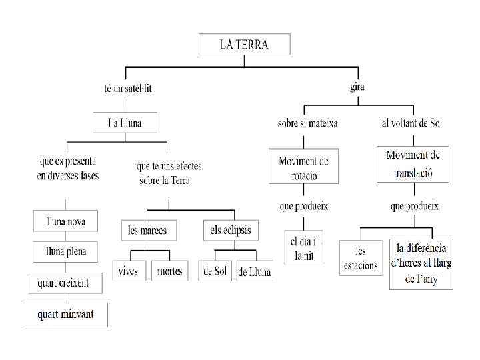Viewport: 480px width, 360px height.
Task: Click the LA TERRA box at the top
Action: [244, 45]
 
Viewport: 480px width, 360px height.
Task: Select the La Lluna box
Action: [125, 123]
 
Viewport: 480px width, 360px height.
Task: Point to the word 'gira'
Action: [357, 87]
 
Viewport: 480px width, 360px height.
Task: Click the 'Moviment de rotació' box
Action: [303, 167]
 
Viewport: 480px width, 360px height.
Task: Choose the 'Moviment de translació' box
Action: [413, 164]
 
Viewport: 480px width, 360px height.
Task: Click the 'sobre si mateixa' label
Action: [307, 123]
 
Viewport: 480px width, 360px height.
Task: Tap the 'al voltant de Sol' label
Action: [412, 123]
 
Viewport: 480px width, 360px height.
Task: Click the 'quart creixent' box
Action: [63, 283]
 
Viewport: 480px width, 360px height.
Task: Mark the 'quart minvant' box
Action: [65, 314]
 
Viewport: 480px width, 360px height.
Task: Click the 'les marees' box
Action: [147, 231]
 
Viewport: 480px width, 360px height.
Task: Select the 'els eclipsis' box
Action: [231, 230]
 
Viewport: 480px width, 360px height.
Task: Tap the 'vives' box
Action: [128, 271]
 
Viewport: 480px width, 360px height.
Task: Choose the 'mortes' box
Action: [170, 271]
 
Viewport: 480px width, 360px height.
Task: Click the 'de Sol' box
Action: [215, 271]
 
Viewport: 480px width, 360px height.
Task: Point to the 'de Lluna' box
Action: [254, 271]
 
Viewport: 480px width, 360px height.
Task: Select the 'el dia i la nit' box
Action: [303, 247]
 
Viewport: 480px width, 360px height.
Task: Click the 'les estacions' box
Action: [361, 258]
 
